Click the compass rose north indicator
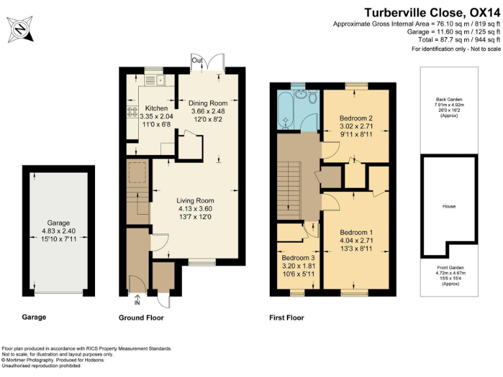click(x=21, y=28)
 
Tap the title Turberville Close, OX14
click(x=432, y=12)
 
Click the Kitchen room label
click(x=157, y=109)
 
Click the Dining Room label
click(x=208, y=103)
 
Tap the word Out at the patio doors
click(x=196, y=61)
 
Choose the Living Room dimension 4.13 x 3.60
click(x=196, y=209)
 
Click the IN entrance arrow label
click(x=137, y=303)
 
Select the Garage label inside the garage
click(x=58, y=223)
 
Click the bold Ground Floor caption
click(x=141, y=318)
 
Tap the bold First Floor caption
click(x=287, y=318)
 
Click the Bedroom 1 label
click(x=356, y=232)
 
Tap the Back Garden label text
click(x=449, y=98)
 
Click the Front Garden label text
click(x=449, y=268)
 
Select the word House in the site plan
click(x=449, y=206)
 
